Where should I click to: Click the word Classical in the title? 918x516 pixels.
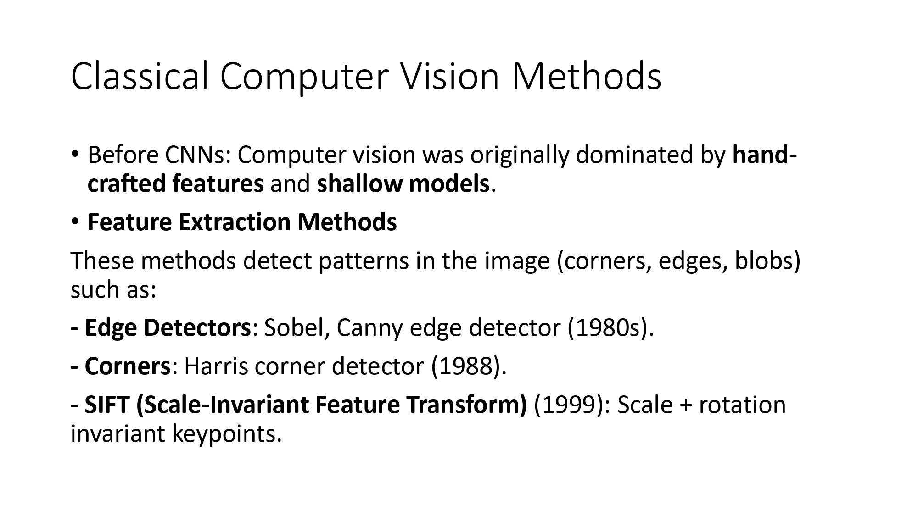coord(140,76)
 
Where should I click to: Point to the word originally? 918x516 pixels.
coord(519,155)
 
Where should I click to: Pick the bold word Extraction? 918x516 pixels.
coord(235,222)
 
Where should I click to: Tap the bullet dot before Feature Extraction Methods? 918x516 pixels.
coord(75,222)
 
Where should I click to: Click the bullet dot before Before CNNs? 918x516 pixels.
coord(75,155)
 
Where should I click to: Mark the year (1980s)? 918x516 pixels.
coord(610,327)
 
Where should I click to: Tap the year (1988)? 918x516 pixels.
coord(468,366)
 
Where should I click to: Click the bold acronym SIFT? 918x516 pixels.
coord(106,405)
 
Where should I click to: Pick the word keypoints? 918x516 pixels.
coord(227,434)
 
